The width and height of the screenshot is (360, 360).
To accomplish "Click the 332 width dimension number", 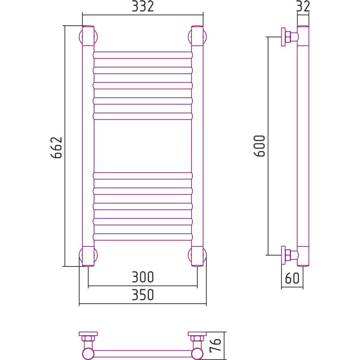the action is (x=143, y=6).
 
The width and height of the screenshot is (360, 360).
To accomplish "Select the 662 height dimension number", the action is (x=56, y=148).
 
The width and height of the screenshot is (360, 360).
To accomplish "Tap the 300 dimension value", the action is (x=143, y=277).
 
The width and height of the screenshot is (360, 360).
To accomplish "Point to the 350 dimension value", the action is (x=143, y=294).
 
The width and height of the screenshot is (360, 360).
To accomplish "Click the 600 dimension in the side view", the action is (x=260, y=146).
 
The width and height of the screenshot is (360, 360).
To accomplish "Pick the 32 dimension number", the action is (x=303, y=6).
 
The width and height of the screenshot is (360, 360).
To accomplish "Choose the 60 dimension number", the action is (x=292, y=278).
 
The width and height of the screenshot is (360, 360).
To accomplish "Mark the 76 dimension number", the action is (x=215, y=345).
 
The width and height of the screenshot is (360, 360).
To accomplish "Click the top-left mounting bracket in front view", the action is (x=88, y=36).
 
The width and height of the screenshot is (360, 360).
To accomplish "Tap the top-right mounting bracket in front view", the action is (x=197, y=36).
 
